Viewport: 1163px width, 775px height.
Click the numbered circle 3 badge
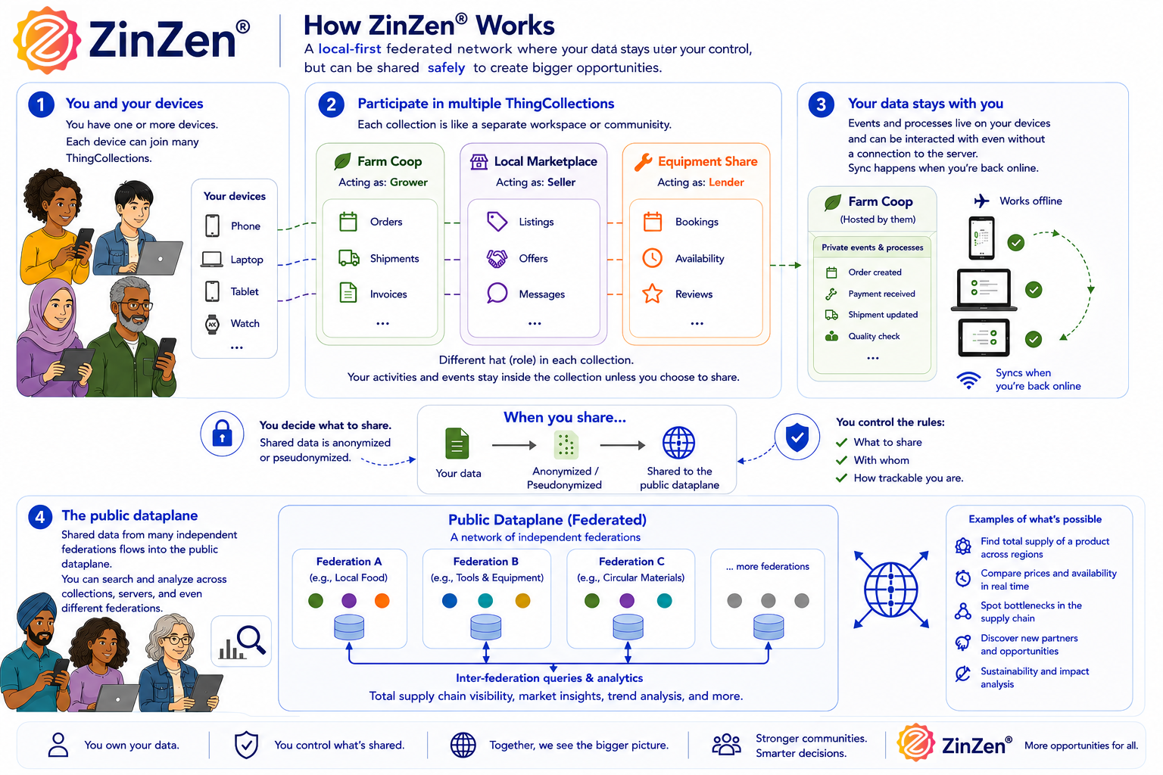pos(821,104)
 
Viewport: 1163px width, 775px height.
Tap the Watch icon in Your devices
pos(212,324)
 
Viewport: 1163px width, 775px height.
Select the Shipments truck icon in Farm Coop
pos(349,258)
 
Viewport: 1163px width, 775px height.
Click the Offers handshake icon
pos(497,258)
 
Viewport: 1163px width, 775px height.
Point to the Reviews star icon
pos(652,294)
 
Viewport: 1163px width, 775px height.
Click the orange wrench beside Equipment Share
pos(643,162)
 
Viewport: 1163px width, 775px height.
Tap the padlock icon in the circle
pos(222,434)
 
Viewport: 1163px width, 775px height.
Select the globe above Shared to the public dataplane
pos(678,443)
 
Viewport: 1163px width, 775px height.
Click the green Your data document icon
pos(457,444)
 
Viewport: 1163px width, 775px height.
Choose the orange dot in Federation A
pos(382,601)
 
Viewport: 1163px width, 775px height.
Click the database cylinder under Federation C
pos(628,627)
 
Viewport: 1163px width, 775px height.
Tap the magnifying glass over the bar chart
pos(251,640)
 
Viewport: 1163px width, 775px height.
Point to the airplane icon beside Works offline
pos(981,201)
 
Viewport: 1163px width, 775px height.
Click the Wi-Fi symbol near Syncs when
pos(969,381)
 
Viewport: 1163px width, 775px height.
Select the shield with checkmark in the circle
pos(797,437)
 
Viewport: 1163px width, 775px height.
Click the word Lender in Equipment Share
pos(726,182)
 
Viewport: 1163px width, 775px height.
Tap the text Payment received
pos(881,294)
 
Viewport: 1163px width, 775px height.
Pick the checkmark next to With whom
pos(842,460)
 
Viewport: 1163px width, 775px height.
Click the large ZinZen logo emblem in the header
pos(47,40)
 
